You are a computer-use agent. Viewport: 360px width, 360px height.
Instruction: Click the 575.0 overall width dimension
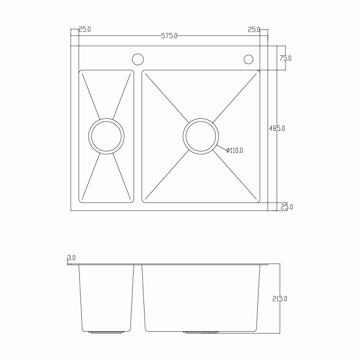point(169,36)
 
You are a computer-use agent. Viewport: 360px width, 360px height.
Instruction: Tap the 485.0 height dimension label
point(277,128)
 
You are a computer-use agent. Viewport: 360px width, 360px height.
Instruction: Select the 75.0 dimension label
point(285,58)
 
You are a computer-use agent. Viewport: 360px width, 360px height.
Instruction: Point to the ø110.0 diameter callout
point(234,150)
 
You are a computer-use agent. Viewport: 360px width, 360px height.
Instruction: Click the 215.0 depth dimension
point(279,299)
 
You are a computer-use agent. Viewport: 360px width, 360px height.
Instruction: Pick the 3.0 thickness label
point(72,258)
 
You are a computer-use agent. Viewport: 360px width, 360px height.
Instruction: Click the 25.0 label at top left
point(85,29)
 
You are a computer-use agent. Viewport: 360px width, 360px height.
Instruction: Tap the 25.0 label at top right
point(254,30)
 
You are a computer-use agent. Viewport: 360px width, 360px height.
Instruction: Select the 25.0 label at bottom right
point(287,207)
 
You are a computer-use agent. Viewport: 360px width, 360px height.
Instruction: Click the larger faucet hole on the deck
point(138,59)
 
